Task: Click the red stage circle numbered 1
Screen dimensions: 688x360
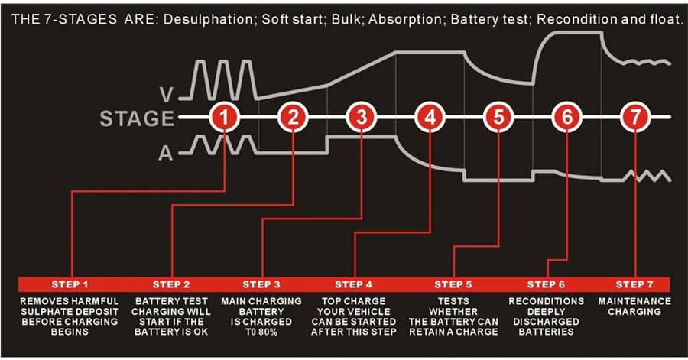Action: point(224,117)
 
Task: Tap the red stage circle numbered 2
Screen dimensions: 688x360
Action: point(293,117)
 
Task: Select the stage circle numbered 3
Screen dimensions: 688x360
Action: point(362,117)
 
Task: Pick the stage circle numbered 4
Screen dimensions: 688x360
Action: point(430,117)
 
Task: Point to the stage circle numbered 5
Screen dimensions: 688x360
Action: point(498,117)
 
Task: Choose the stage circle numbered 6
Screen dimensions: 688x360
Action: point(567,117)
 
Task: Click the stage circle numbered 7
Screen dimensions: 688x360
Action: point(635,117)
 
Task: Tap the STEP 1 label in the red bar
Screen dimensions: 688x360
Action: point(70,284)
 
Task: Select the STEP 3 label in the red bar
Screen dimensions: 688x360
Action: point(261,284)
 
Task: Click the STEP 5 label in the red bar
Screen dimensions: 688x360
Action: point(453,284)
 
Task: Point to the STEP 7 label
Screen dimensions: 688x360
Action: point(634,284)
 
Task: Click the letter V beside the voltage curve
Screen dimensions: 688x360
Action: point(167,95)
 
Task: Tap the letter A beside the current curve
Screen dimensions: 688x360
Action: point(165,153)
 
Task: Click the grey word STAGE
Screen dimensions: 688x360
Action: point(137,118)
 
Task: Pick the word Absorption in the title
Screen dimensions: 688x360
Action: point(405,19)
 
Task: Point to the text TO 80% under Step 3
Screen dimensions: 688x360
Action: point(261,332)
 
